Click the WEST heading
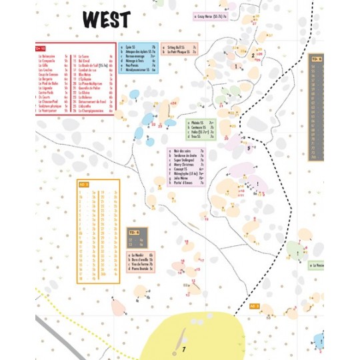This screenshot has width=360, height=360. tap(106, 19)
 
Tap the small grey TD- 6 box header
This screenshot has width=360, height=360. tap(133, 231)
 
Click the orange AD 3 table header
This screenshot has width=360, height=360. tap(84, 183)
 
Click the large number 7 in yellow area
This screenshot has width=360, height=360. tap(183, 348)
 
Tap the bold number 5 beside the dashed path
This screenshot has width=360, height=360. tap(249, 149)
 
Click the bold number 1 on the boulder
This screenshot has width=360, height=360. tap(235, 67)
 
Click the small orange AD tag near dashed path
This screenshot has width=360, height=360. tap(254, 306)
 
